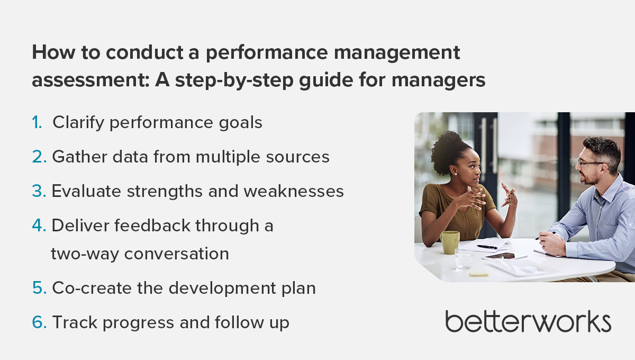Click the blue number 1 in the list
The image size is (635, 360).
point(37,122)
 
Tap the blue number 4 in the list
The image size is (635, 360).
point(39,226)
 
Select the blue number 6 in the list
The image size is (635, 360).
point(39,322)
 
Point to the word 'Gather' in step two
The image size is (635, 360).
point(80,157)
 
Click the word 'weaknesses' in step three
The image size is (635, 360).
point(294,191)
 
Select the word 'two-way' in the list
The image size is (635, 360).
point(85,254)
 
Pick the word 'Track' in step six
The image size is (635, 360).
point(75,322)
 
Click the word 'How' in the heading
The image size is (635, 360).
point(53,52)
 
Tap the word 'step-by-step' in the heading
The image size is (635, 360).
point(234,80)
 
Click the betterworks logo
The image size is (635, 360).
point(528,321)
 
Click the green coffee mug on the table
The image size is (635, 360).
point(450,242)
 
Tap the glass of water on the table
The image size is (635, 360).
point(463,259)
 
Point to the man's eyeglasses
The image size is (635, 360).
point(590,164)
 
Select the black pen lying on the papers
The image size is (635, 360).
point(487,247)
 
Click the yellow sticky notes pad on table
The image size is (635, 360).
point(478,274)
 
